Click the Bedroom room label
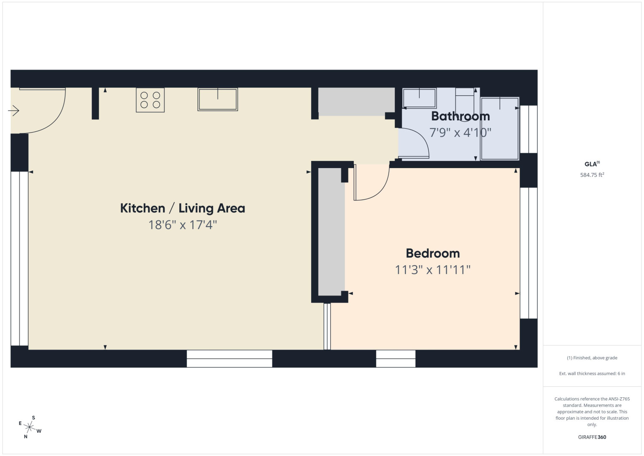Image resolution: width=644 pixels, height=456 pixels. click(433, 253)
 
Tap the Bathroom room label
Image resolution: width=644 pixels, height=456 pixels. click(460, 116)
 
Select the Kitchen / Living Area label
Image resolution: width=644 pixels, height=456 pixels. click(183, 208)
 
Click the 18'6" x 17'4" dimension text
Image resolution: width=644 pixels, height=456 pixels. click(183, 225)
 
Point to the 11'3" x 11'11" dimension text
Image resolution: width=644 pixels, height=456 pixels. click(433, 270)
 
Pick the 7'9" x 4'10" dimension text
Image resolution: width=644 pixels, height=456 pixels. click(460, 133)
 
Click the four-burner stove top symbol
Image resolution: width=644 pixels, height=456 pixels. click(150, 100)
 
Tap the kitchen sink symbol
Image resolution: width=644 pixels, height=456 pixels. click(218, 99)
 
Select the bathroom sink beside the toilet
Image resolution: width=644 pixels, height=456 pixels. click(420, 98)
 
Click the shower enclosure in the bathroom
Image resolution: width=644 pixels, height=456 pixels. click(500, 128)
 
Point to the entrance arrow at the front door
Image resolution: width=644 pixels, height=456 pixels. click(13, 111)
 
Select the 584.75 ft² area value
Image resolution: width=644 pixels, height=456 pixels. click(592, 175)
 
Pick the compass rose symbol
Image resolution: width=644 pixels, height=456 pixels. click(30, 427)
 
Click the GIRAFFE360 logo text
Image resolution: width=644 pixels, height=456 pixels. click(592, 437)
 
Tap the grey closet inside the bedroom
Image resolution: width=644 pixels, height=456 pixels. click(331, 232)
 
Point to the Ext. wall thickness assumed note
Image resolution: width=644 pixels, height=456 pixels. click(592, 373)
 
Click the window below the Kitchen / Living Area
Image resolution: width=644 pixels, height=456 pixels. click(229, 359)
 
